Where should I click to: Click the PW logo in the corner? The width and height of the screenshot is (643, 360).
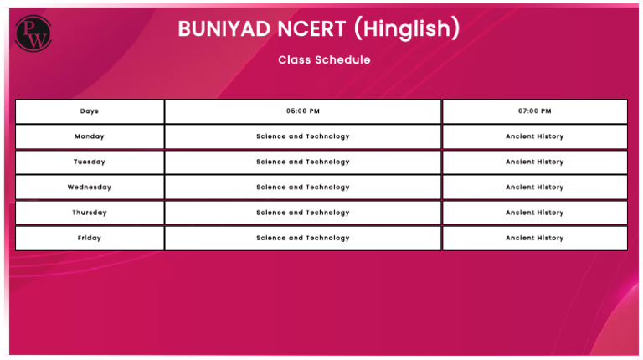coord(33,34)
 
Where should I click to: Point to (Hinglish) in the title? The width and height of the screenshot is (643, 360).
coord(407,29)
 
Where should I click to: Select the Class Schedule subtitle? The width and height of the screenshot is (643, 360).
coord(324,60)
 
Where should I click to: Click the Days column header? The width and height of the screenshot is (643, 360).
coord(90,111)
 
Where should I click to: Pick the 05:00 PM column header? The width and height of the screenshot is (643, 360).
coord(303,111)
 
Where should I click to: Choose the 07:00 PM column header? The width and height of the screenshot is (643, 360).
coord(534,111)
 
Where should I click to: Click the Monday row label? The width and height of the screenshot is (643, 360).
coord(90,136)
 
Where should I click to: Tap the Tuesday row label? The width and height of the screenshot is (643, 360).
coord(90,162)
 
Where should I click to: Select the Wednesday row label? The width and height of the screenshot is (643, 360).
coord(90,188)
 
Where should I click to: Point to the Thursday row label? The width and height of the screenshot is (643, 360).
coord(90,213)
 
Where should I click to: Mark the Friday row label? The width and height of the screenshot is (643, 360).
coord(90,238)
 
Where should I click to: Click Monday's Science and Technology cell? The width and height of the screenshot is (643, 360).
coord(303,136)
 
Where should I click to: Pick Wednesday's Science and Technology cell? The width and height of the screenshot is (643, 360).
coord(303,188)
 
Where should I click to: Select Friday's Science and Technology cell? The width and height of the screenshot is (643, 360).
coord(303,238)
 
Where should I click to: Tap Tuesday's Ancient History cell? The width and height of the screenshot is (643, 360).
coord(534,162)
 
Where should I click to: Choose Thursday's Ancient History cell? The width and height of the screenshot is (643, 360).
coord(534,213)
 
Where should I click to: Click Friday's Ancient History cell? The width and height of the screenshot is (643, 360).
coord(534,238)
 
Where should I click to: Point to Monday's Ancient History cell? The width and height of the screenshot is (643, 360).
coord(534,136)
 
